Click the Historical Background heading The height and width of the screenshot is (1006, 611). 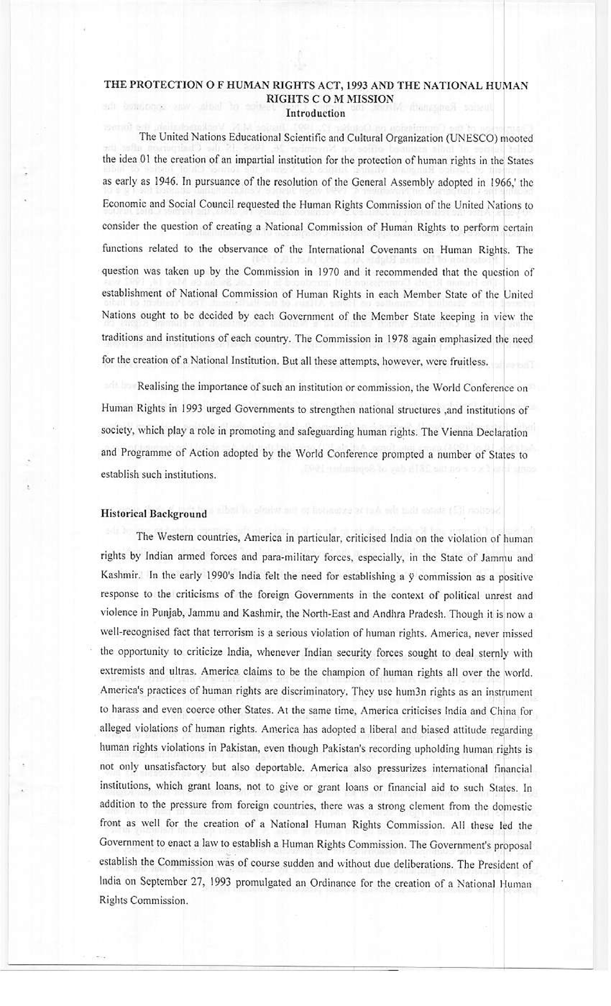(154, 513)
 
